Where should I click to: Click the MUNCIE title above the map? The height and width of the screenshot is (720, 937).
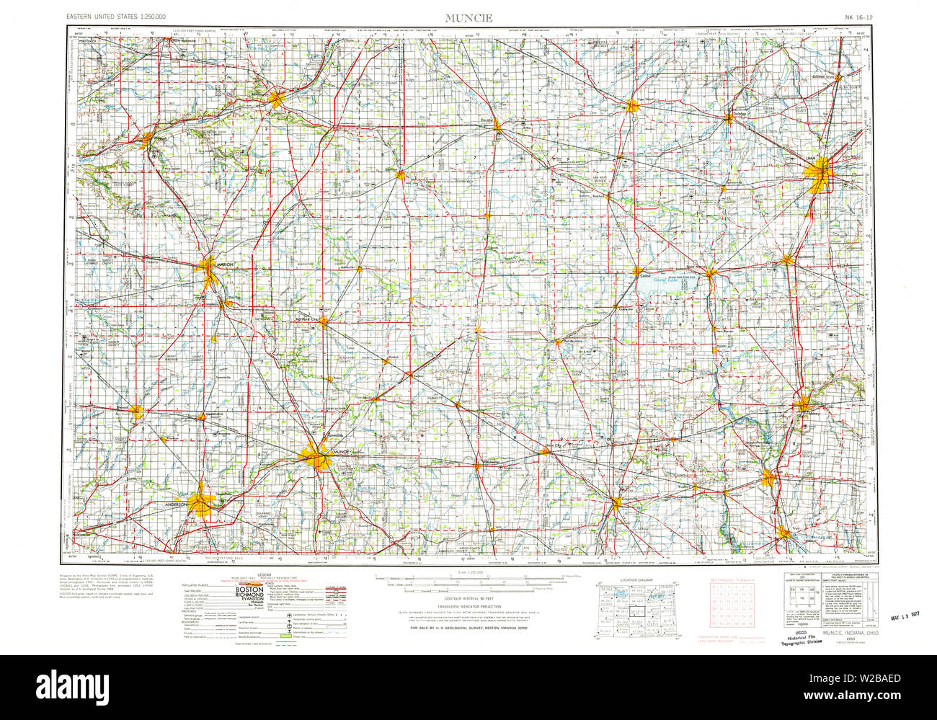468,18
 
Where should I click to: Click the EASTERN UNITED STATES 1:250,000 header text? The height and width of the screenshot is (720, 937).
115,16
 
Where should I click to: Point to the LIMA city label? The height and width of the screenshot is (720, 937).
828,164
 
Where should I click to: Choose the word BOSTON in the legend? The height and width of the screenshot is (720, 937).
248,590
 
